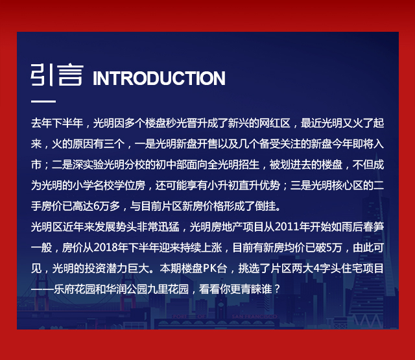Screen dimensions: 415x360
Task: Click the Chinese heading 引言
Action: coord(57,75)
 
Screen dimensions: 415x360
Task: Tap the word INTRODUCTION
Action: coord(159,78)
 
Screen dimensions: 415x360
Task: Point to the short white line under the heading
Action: coord(43,101)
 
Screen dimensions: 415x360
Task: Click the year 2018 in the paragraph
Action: coord(106,248)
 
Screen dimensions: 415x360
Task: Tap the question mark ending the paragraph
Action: coord(277,289)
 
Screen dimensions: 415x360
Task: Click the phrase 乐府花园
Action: coord(75,289)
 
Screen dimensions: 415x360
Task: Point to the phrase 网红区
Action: coord(275,123)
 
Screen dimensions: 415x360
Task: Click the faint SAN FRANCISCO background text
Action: coord(254,317)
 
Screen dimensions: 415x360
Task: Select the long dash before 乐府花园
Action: coord(42,289)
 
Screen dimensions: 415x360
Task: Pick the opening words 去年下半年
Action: coord(57,123)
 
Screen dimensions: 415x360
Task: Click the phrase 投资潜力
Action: coord(106,268)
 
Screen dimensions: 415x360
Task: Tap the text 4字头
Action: coord(327,268)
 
